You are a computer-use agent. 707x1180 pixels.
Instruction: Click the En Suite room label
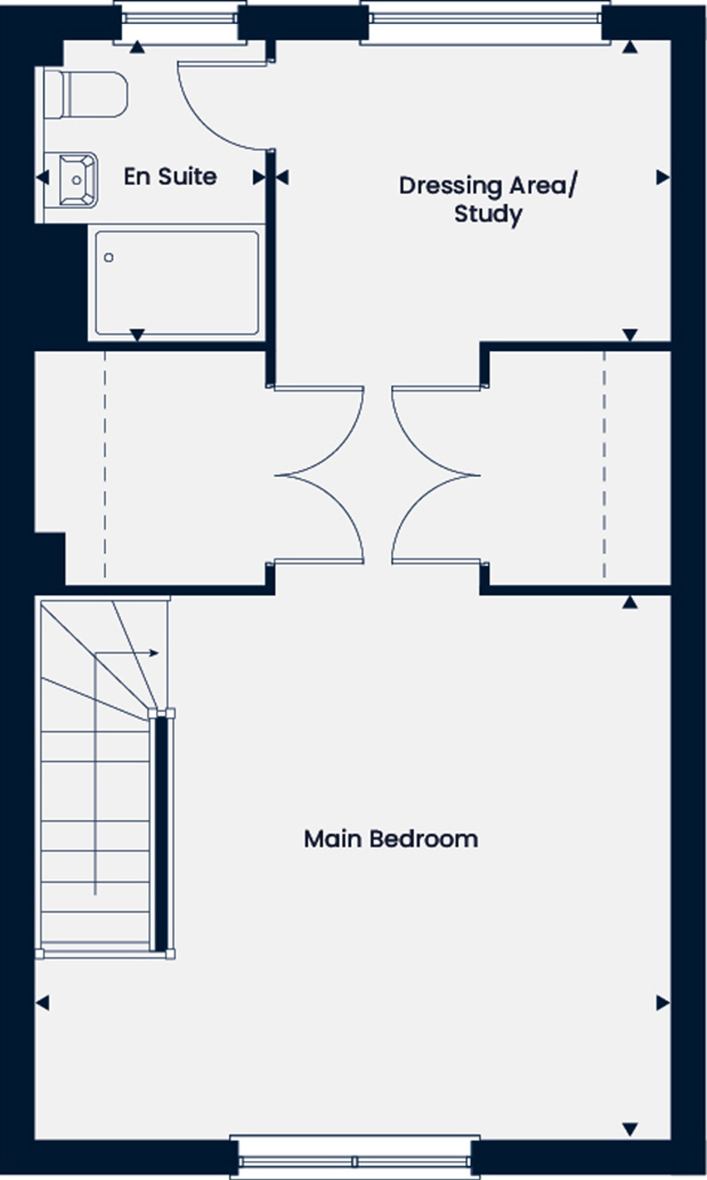point(170,177)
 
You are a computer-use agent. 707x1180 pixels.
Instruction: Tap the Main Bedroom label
point(391,839)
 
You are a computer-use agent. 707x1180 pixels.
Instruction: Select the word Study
point(488,214)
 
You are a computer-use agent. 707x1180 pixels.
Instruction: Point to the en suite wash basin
point(77,180)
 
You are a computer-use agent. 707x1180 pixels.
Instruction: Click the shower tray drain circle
point(108,257)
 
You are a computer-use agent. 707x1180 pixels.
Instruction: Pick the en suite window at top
point(180,18)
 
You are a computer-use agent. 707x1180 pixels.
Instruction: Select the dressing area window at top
point(485,18)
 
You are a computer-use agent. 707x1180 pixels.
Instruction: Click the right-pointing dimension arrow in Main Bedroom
point(663,1003)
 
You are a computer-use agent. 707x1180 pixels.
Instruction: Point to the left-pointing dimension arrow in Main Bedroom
point(42,1003)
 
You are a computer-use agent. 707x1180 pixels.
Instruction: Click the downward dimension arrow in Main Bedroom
point(630,1129)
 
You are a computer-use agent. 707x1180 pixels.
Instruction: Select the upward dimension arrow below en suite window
point(137,47)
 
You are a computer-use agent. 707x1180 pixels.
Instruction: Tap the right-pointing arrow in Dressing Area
point(663,177)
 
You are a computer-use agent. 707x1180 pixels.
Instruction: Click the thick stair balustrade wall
point(161,833)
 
